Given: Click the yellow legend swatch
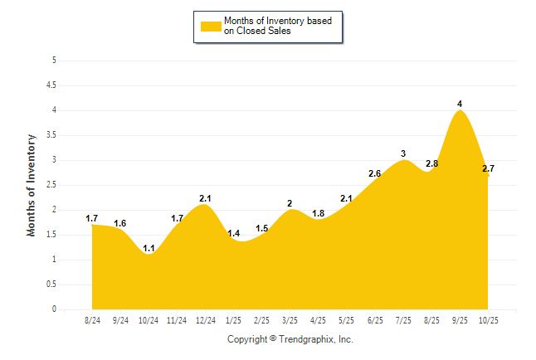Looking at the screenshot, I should tap(211, 26).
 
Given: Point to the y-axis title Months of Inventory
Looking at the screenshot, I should tap(32, 185).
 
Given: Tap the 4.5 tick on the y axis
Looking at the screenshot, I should tap(51, 85).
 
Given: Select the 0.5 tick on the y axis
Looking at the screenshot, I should tap(51, 285).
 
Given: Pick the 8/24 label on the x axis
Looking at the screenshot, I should tap(92, 320).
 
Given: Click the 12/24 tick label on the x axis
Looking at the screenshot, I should tap(206, 320).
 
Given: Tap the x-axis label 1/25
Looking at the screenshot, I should tap(233, 320).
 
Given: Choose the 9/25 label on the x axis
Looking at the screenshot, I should tap(459, 320).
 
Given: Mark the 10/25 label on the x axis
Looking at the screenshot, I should tap(488, 320).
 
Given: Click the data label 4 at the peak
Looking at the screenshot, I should tap(460, 104).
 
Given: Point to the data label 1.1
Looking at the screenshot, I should tap(149, 248).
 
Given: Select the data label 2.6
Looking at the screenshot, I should tap(374, 173).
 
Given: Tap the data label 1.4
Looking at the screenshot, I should tap(233, 233).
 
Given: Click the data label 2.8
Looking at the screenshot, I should tap(431, 163).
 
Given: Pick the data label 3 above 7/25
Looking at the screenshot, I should tap(403, 153).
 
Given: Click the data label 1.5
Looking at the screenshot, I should tap(261, 228).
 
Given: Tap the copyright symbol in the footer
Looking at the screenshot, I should tap(273, 339).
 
